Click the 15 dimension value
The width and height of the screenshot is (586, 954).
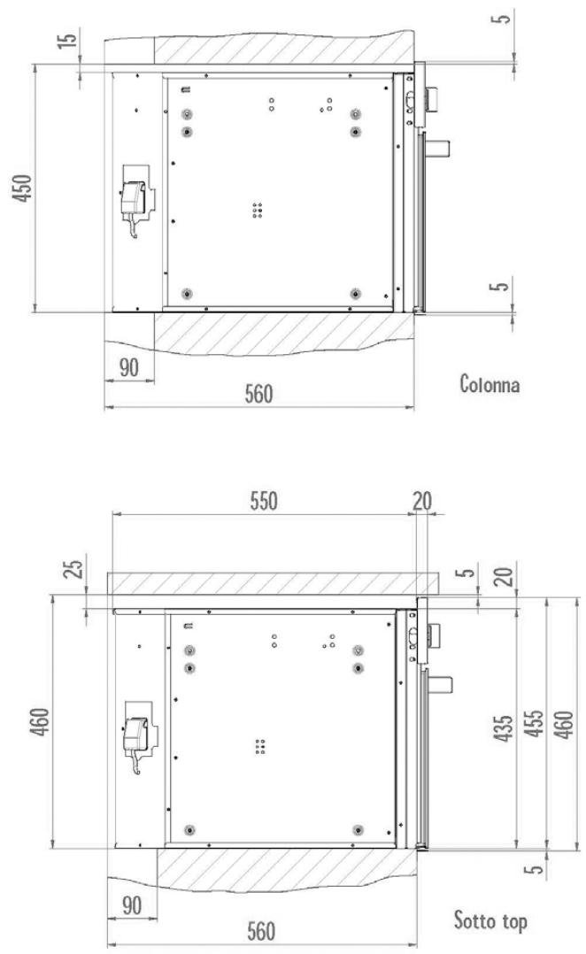[69, 38]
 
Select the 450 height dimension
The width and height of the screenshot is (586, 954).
[22, 188]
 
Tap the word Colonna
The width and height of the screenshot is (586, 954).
[490, 384]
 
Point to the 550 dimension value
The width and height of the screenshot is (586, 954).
[264, 501]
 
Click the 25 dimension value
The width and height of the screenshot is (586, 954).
[73, 569]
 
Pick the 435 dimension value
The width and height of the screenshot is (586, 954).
[503, 727]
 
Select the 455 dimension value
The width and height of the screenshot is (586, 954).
[534, 724]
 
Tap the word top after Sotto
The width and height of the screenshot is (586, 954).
[514, 921]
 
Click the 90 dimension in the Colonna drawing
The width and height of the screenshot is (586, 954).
[128, 367]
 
